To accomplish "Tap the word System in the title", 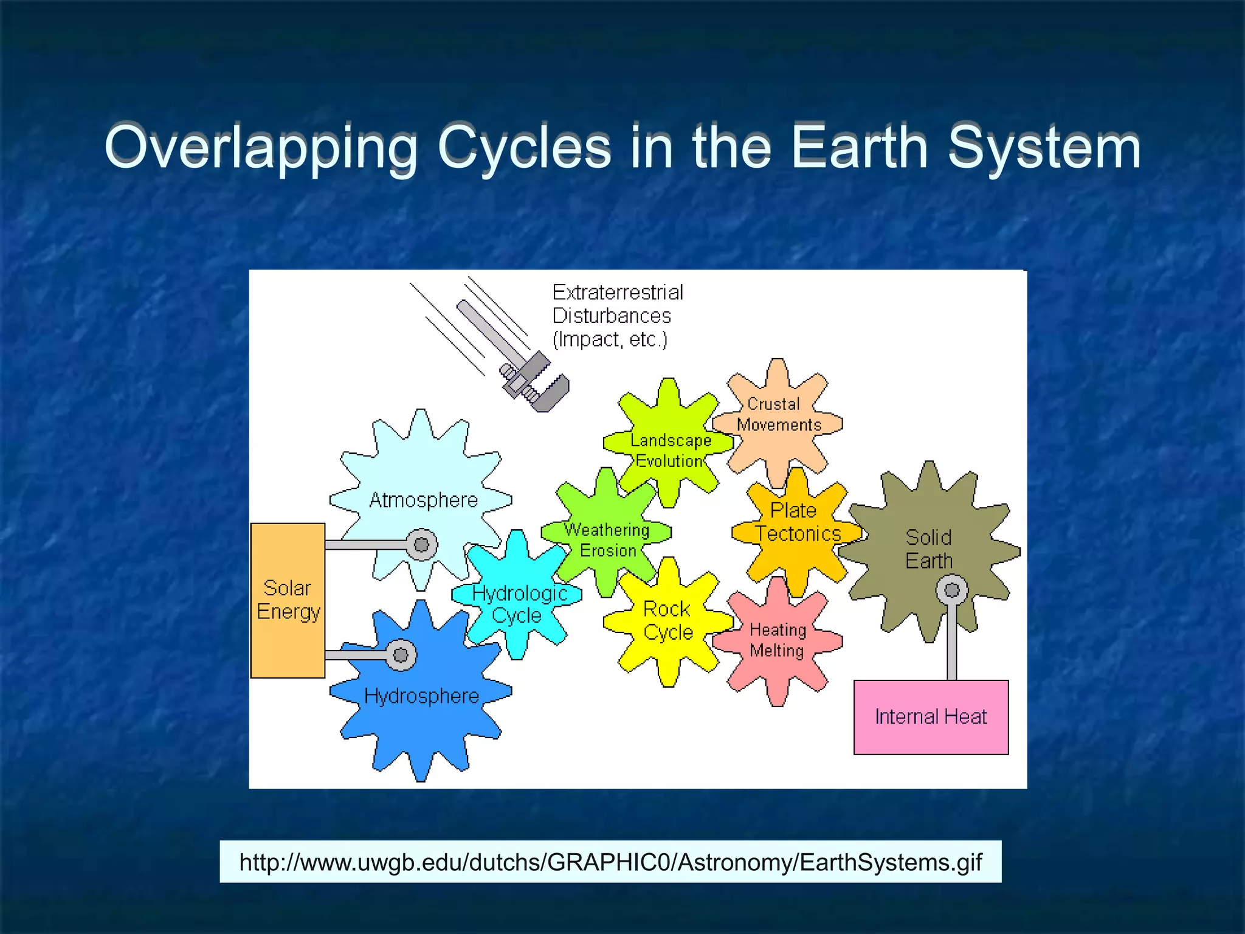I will pyautogui.click(x=1044, y=148).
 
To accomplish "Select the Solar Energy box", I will pyautogui.click(x=288, y=600).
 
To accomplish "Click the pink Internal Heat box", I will pyautogui.click(x=931, y=717).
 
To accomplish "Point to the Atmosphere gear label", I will pyautogui.click(x=423, y=500).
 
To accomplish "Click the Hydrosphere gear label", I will pyautogui.click(x=421, y=696).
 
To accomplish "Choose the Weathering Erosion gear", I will pyautogui.click(x=607, y=539).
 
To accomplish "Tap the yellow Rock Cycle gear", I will pyautogui.click(x=667, y=621).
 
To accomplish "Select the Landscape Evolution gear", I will pyautogui.click(x=669, y=450).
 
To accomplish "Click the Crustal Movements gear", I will pyautogui.click(x=778, y=414).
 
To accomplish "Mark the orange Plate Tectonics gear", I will pyautogui.click(x=796, y=522).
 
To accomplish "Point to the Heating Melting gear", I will pyautogui.click(x=777, y=640).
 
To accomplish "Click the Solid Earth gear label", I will pyautogui.click(x=928, y=548).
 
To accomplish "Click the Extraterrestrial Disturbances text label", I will pyautogui.click(x=617, y=316).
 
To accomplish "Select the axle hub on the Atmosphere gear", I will pyautogui.click(x=421, y=545).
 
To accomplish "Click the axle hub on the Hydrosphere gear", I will pyautogui.click(x=401, y=655).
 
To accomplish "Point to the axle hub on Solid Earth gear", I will pyautogui.click(x=951, y=590).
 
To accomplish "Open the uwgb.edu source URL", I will pyautogui.click(x=610, y=862).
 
